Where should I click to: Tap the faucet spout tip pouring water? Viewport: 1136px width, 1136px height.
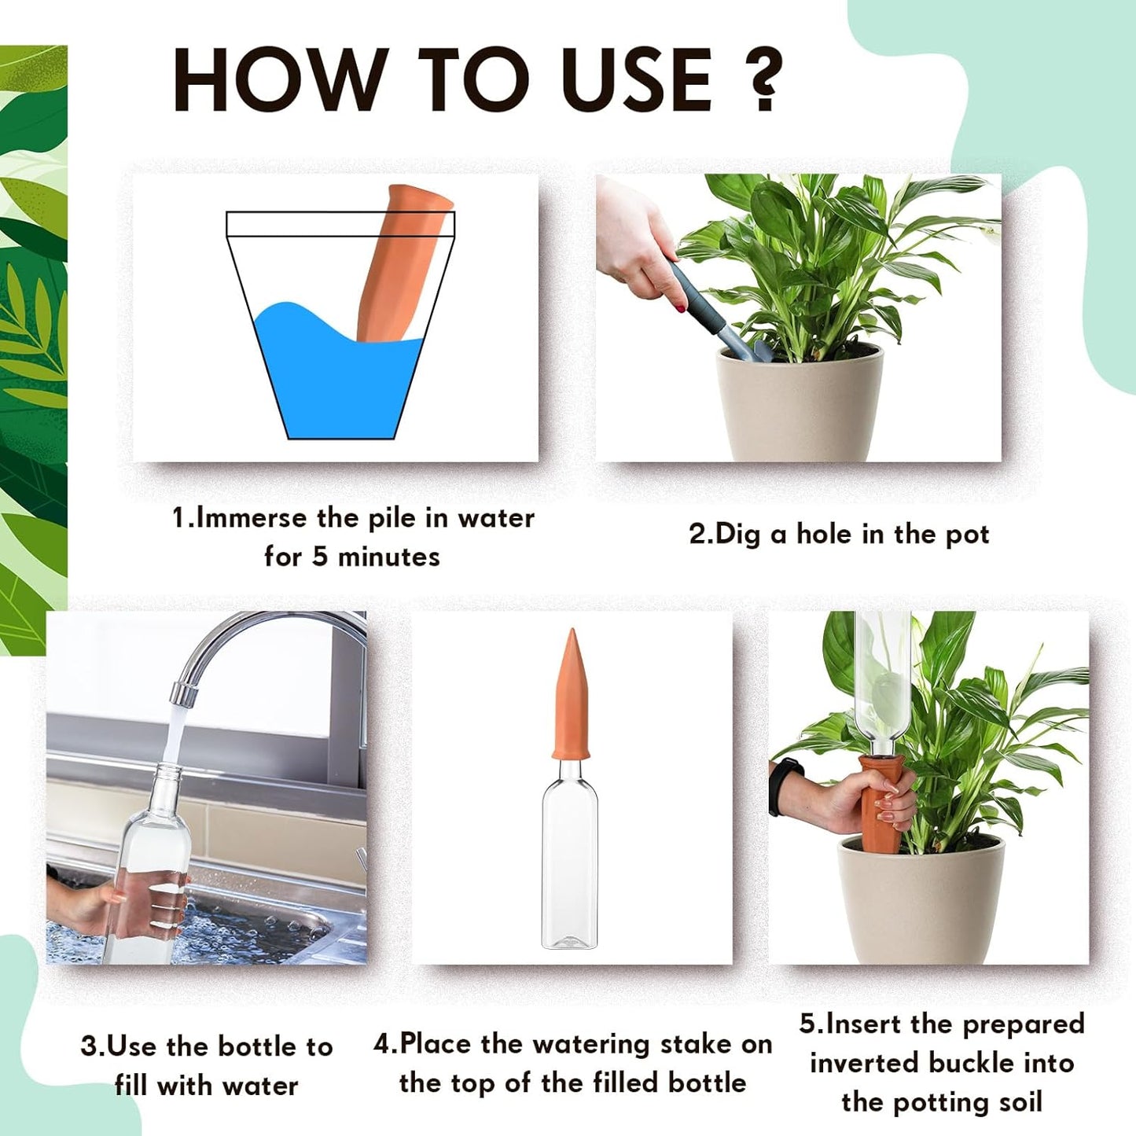[182, 693]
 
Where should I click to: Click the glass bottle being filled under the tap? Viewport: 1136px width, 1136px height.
[149, 865]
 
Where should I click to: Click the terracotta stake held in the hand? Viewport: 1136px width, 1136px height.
[881, 802]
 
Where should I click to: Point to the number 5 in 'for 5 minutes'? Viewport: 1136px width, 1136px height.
[319, 557]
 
